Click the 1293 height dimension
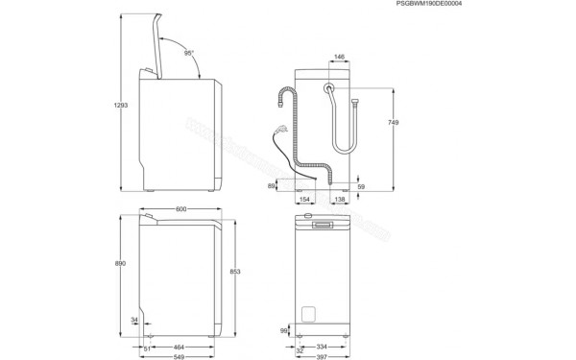click(118, 104)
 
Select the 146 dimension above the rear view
click(340, 58)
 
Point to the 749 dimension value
click(394, 123)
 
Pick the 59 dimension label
click(361, 187)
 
